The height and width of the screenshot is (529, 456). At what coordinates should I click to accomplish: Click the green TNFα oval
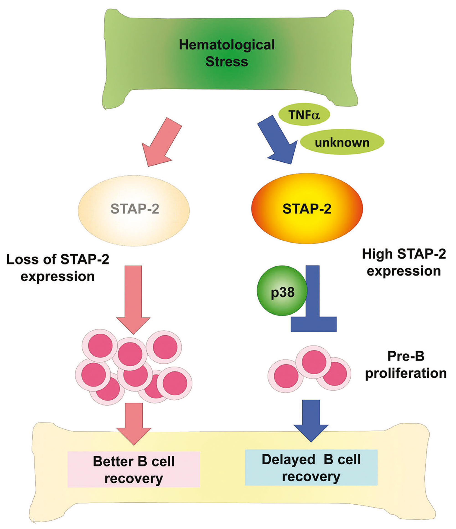point(304,115)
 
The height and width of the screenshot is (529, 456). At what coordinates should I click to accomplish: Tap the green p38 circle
point(282,291)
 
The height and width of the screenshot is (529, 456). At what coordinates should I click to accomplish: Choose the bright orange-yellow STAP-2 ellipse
point(307,209)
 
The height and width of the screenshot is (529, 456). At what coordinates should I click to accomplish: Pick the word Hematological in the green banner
point(227,45)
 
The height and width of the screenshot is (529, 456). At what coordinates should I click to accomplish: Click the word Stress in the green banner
point(227,62)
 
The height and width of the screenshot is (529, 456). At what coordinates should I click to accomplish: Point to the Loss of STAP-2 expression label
point(58,268)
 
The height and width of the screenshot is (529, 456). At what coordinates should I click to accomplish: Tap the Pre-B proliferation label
point(406,365)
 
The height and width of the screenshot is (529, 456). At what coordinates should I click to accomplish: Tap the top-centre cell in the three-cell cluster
point(314,362)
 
